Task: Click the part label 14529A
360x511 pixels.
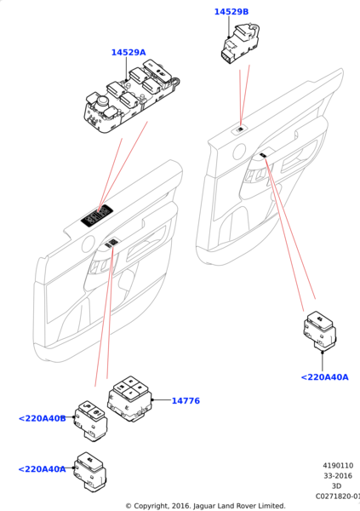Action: [x=129, y=53]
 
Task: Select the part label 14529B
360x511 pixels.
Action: [x=231, y=12]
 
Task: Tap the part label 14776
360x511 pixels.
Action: [x=186, y=401]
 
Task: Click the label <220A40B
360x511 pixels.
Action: [x=43, y=418]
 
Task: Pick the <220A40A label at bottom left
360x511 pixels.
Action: [x=42, y=469]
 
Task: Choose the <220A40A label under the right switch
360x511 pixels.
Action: [x=325, y=377]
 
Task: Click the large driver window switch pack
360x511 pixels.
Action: [x=132, y=95]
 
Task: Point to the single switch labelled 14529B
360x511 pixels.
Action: [x=240, y=43]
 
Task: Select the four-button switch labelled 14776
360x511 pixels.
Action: [x=130, y=399]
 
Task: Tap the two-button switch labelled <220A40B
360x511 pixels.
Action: [x=91, y=421]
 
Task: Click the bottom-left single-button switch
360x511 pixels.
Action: [x=90, y=471]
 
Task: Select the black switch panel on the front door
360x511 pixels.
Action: [x=97, y=215]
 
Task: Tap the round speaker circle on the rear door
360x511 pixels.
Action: [x=239, y=152]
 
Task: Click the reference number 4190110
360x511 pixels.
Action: [x=338, y=466]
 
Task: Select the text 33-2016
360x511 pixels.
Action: [x=338, y=476]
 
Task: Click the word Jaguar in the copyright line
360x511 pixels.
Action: [x=204, y=506]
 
